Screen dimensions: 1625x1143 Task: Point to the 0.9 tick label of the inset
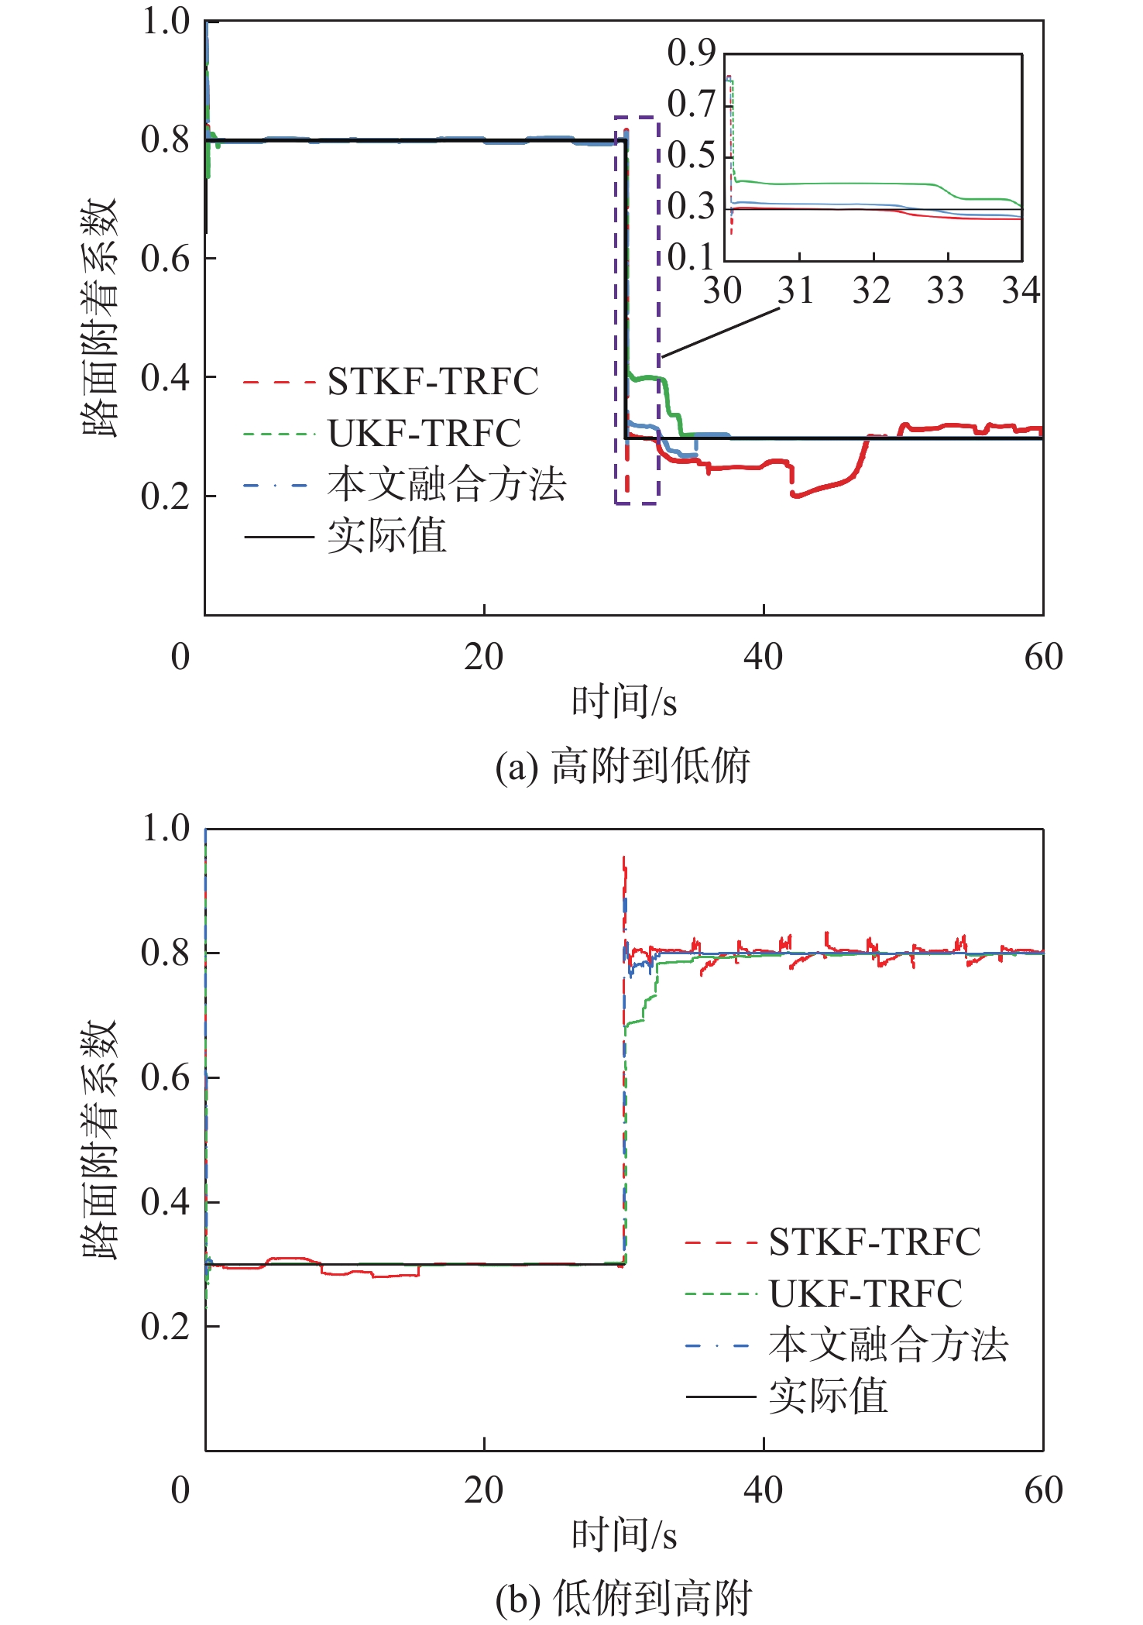pyautogui.click(x=691, y=53)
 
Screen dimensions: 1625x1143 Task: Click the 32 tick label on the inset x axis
pyautogui.click(x=872, y=291)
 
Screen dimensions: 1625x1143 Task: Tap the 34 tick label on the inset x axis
pyautogui.click(x=1021, y=291)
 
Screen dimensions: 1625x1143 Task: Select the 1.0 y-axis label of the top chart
pyautogui.click(x=165, y=22)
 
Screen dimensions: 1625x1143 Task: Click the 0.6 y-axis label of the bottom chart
pyautogui.click(x=165, y=1077)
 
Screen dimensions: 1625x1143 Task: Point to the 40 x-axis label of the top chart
pyautogui.click(x=763, y=658)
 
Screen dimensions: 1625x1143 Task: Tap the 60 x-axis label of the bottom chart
pyautogui.click(x=1043, y=1490)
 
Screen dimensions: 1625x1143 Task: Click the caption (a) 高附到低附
pyautogui.click(x=623, y=767)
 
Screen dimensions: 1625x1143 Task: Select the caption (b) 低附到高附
pyautogui.click(x=623, y=1599)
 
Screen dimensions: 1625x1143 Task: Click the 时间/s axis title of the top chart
pyautogui.click(x=624, y=703)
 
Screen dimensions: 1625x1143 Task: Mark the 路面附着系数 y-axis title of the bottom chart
pyautogui.click(x=101, y=1140)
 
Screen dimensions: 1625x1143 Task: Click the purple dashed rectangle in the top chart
pyautogui.click(x=658, y=310)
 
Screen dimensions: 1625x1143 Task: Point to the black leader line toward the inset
pyautogui.click(x=720, y=333)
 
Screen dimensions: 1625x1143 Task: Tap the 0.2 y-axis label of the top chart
pyautogui.click(x=165, y=496)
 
